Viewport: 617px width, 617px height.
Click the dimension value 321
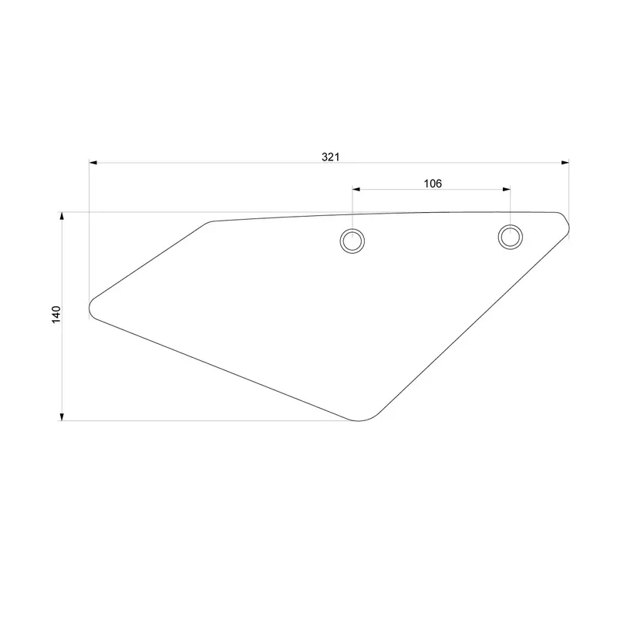(x=330, y=157)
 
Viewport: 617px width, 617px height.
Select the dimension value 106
(x=433, y=183)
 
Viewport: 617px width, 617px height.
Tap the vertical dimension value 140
(x=56, y=315)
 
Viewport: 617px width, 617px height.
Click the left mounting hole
(x=352, y=241)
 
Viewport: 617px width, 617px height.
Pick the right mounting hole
(x=510, y=236)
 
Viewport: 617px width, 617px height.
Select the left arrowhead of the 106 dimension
(x=357, y=188)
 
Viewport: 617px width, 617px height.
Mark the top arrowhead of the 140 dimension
(x=62, y=217)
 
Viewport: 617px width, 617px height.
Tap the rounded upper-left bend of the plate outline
(x=208, y=224)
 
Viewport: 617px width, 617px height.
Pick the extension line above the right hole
(x=510, y=204)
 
